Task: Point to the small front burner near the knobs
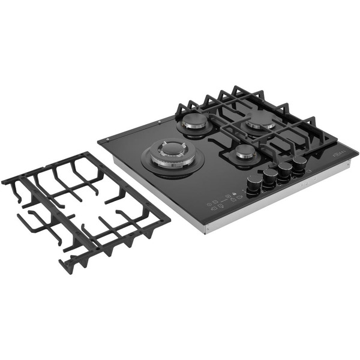pyautogui.click(x=246, y=152)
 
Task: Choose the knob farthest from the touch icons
pyautogui.click(x=299, y=163)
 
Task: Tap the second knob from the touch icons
pyautogui.click(x=270, y=178)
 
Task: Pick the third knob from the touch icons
pyautogui.click(x=285, y=170)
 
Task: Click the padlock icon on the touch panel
pyautogui.click(x=228, y=194)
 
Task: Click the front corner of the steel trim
pyautogui.click(x=205, y=231)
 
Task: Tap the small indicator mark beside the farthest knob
pyautogui.click(x=310, y=170)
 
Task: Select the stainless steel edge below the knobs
pyautogui.click(x=282, y=198)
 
